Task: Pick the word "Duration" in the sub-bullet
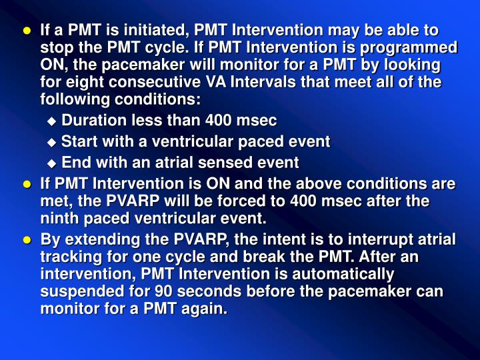(89, 121)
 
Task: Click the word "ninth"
(58, 218)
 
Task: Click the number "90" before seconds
(165, 292)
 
